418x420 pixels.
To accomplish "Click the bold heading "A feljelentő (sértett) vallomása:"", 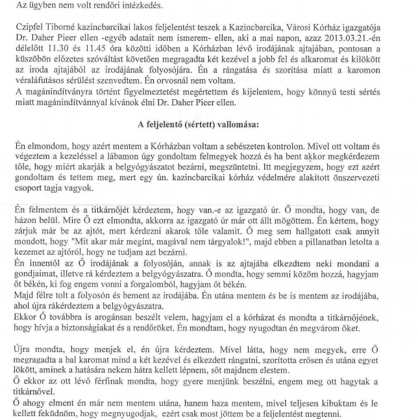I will pos(208,141).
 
